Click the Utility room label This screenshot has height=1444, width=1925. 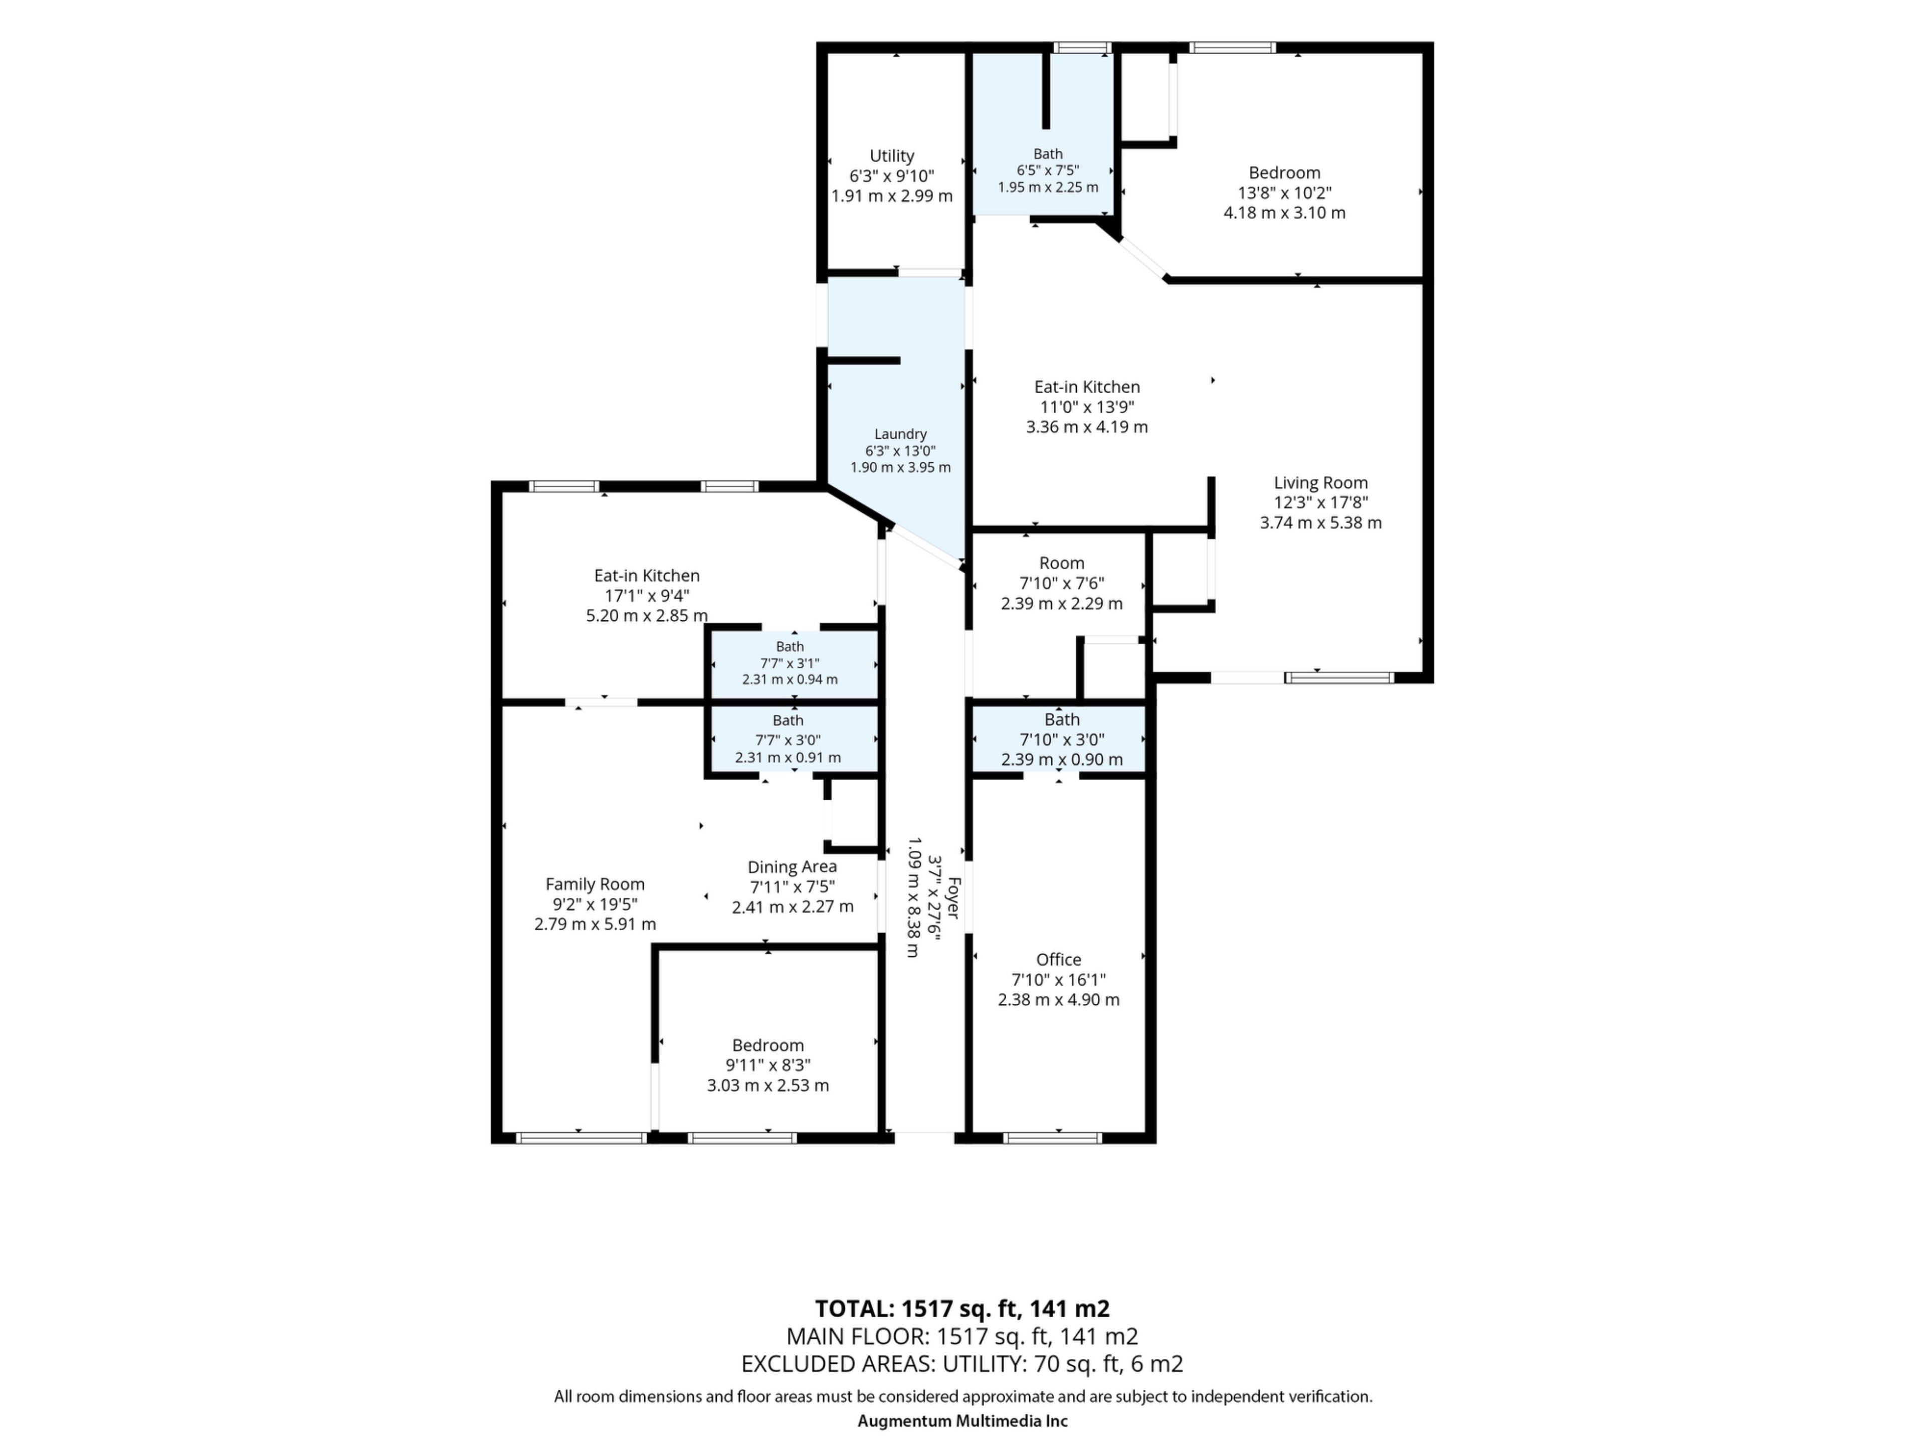[892, 156]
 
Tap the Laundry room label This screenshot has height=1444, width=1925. [900, 434]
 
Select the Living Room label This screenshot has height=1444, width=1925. [1320, 483]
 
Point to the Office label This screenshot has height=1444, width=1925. [1058, 959]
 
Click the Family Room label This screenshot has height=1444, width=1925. [595, 884]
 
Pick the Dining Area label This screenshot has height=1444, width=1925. [792, 867]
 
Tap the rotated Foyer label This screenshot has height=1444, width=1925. [953, 897]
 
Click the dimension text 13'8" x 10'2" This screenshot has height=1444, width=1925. [1284, 193]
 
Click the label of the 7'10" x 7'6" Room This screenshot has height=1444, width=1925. [1062, 563]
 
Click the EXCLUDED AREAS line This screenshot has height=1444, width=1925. [963, 1364]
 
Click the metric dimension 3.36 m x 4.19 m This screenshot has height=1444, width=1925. [1087, 427]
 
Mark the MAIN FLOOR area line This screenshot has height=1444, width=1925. [963, 1337]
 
